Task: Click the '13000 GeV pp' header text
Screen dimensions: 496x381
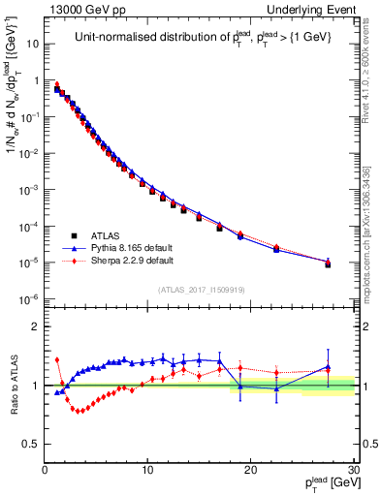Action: (x=80, y=9)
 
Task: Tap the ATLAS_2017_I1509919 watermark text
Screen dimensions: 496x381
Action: (x=200, y=288)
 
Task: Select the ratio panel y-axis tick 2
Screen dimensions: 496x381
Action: (x=35, y=326)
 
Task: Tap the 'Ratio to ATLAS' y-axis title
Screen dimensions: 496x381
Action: (x=13, y=384)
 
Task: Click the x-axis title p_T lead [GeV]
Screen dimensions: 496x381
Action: (x=327, y=484)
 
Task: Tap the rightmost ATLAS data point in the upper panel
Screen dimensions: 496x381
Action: (x=328, y=263)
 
